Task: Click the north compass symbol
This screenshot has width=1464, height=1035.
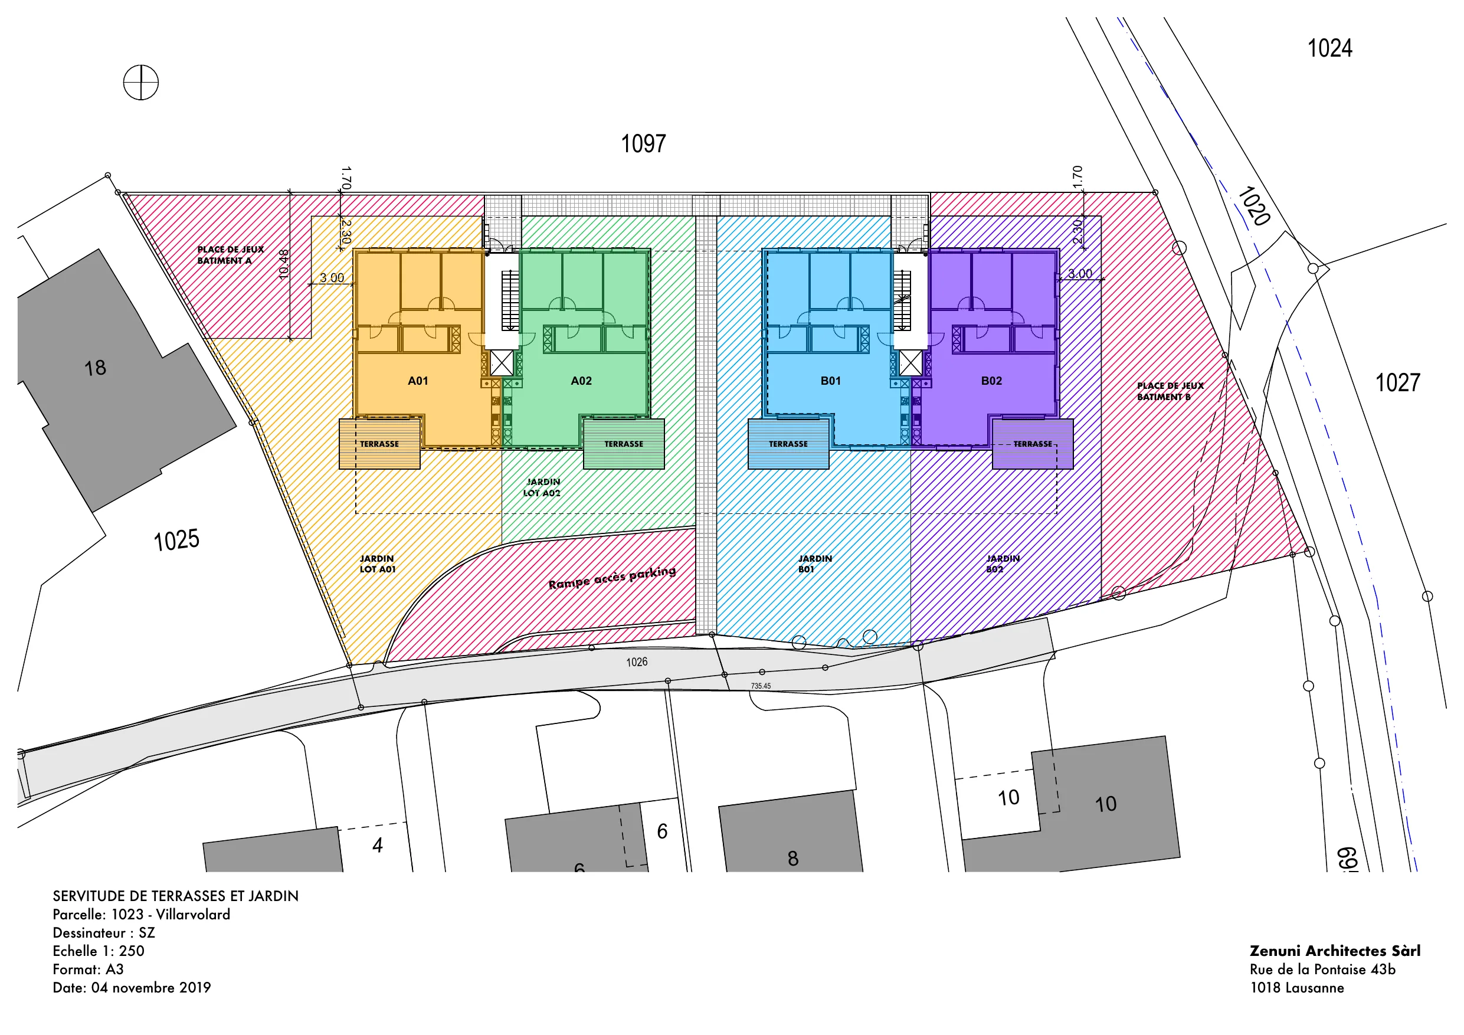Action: click(x=140, y=82)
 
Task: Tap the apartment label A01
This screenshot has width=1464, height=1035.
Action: click(x=418, y=381)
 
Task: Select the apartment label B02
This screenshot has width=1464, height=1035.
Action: click(x=991, y=381)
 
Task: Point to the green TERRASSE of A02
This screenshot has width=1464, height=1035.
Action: click(x=624, y=444)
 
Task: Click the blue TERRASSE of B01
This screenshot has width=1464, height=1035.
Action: click(x=788, y=444)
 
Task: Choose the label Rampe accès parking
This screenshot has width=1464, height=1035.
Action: click(x=612, y=577)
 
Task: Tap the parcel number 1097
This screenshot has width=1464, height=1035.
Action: click(x=643, y=143)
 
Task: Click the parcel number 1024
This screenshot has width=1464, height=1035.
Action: click(x=1329, y=48)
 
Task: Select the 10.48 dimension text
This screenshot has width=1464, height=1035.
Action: click(x=284, y=263)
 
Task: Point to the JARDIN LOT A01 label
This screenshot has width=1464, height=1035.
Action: click(x=378, y=564)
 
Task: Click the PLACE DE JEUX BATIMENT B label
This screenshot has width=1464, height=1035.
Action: click(x=1170, y=391)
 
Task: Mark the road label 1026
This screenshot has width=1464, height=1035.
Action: click(x=636, y=662)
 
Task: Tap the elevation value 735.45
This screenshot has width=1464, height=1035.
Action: click(x=761, y=686)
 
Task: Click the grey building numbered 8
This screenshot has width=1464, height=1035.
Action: click(x=791, y=831)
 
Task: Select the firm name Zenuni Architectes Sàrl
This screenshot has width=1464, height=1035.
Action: click(x=1335, y=951)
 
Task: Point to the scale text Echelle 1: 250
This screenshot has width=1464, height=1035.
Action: click(x=98, y=951)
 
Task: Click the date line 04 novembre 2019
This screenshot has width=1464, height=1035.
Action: click(x=132, y=988)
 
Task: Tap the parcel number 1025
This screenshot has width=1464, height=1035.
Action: click(x=176, y=540)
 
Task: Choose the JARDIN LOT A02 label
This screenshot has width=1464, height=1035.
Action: click(x=543, y=487)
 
